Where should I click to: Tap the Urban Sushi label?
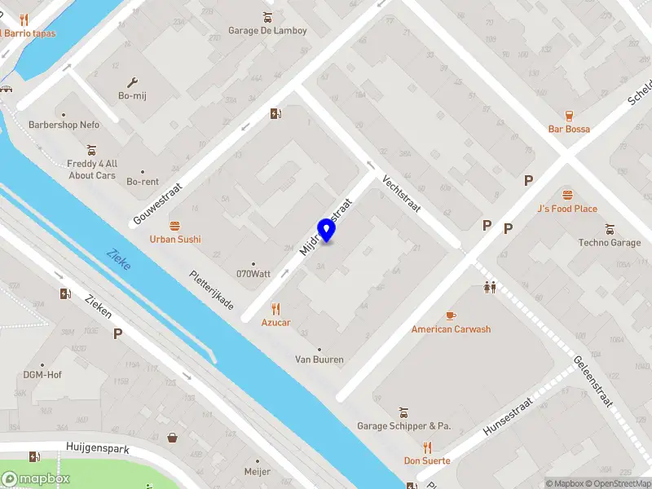pos(174,240)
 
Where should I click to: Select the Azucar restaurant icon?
pos(275,309)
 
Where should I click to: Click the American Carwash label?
pos(451,329)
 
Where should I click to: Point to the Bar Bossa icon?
pos(569,115)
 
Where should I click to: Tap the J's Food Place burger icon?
pos(567,195)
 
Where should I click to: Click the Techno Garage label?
pos(610,243)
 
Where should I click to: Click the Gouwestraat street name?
pos(157,205)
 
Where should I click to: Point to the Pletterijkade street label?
pos(211,291)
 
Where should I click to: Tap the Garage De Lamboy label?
pos(267,31)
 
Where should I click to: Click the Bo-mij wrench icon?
pos(133,82)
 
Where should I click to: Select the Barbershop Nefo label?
pos(64,126)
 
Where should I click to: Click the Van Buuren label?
pos(319,359)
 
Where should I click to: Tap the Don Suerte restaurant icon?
pos(427,447)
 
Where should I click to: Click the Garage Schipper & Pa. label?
pos(403,426)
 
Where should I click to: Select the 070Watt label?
pos(253,274)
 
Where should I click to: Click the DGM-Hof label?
pos(42,375)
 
